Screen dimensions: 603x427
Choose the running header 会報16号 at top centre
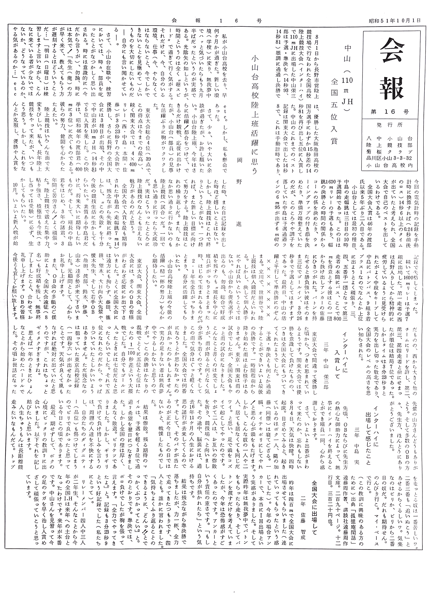point(216,21)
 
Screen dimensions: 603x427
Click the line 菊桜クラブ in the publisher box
point(390,152)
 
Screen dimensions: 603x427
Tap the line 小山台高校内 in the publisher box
point(390,165)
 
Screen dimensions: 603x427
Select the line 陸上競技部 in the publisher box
point(390,145)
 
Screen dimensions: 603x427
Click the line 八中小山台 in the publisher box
point(390,138)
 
